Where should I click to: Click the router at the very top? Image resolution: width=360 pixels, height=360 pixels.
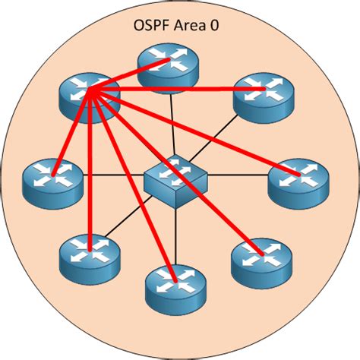(166, 65)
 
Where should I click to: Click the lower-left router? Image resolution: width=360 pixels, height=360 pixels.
(89, 254)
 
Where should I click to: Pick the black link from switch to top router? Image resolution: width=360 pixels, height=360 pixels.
(173, 122)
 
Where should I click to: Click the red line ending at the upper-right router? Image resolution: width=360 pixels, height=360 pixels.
(175, 90)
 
